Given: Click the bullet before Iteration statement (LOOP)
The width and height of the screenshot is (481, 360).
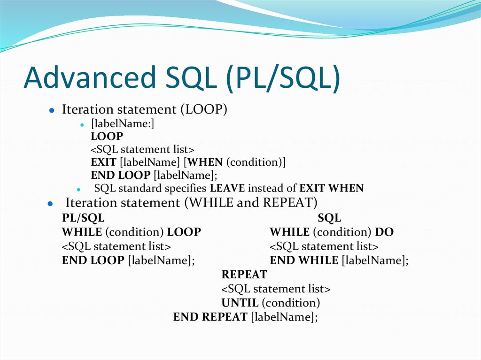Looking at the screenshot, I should click(x=52, y=111).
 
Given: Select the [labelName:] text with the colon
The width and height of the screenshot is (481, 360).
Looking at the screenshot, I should click(x=123, y=124).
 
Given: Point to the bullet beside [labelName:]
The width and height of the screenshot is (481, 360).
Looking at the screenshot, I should click(x=81, y=125).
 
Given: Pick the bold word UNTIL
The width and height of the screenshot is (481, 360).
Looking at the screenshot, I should click(x=240, y=303).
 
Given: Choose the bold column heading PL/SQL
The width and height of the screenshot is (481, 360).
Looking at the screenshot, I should click(x=83, y=218).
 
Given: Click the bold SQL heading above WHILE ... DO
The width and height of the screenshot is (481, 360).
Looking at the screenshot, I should click(x=329, y=218).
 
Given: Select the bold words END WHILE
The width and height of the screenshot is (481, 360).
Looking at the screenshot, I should click(x=304, y=260).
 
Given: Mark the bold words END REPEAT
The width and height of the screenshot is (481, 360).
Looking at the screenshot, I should click(x=210, y=317).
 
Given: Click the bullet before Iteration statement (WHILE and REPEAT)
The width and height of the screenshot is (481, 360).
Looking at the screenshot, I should click(x=49, y=204).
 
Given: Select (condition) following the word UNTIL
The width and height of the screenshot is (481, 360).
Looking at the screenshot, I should click(x=291, y=303).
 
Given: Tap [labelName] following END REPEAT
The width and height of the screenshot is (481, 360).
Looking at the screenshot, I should click(x=284, y=317).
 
